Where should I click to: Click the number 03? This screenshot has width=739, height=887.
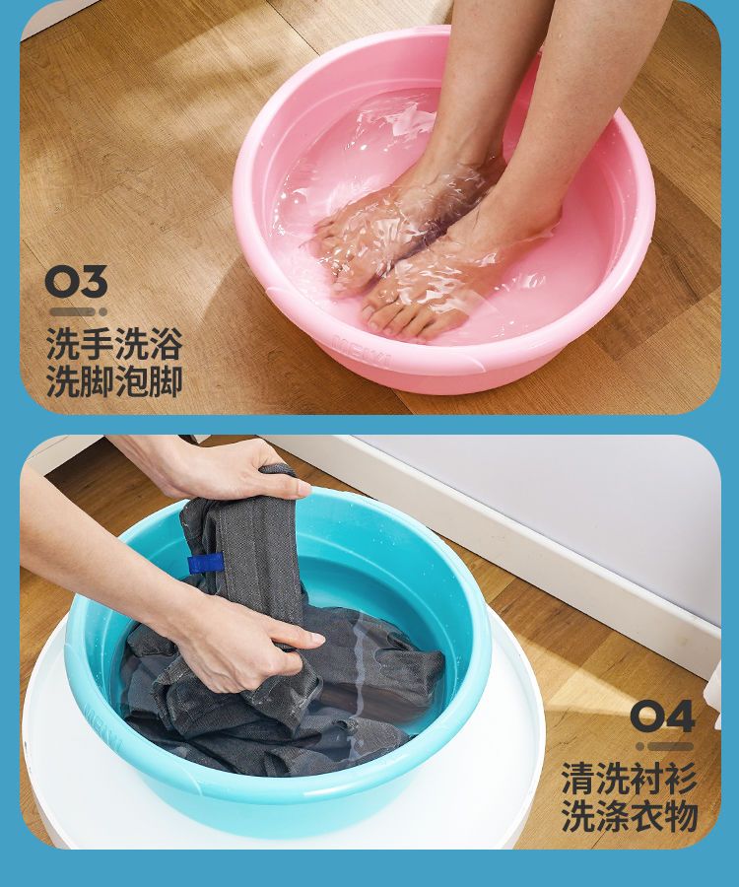pos(76,282)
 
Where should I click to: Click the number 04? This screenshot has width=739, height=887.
pos(662,716)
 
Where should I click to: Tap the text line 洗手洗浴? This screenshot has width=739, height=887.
pos(114,344)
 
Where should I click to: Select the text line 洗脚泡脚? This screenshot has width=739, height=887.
pos(114,381)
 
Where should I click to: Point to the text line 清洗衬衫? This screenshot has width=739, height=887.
pos(629,779)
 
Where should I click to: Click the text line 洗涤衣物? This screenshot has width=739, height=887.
pos(629,816)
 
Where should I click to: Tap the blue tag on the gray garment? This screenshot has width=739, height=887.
pos(205,564)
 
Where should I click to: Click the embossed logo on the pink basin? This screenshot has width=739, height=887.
pos(362,351)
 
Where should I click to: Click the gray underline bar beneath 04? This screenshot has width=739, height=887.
pos(665,747)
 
